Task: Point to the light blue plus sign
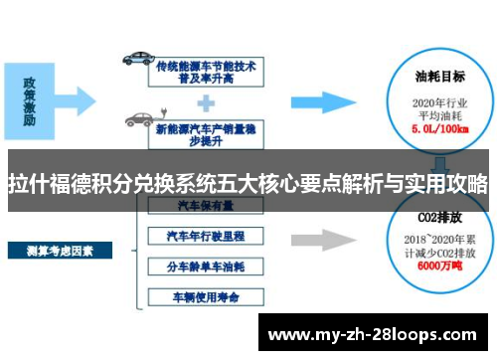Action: tap(206, 100)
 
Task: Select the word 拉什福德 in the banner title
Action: tap(45, 185)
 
